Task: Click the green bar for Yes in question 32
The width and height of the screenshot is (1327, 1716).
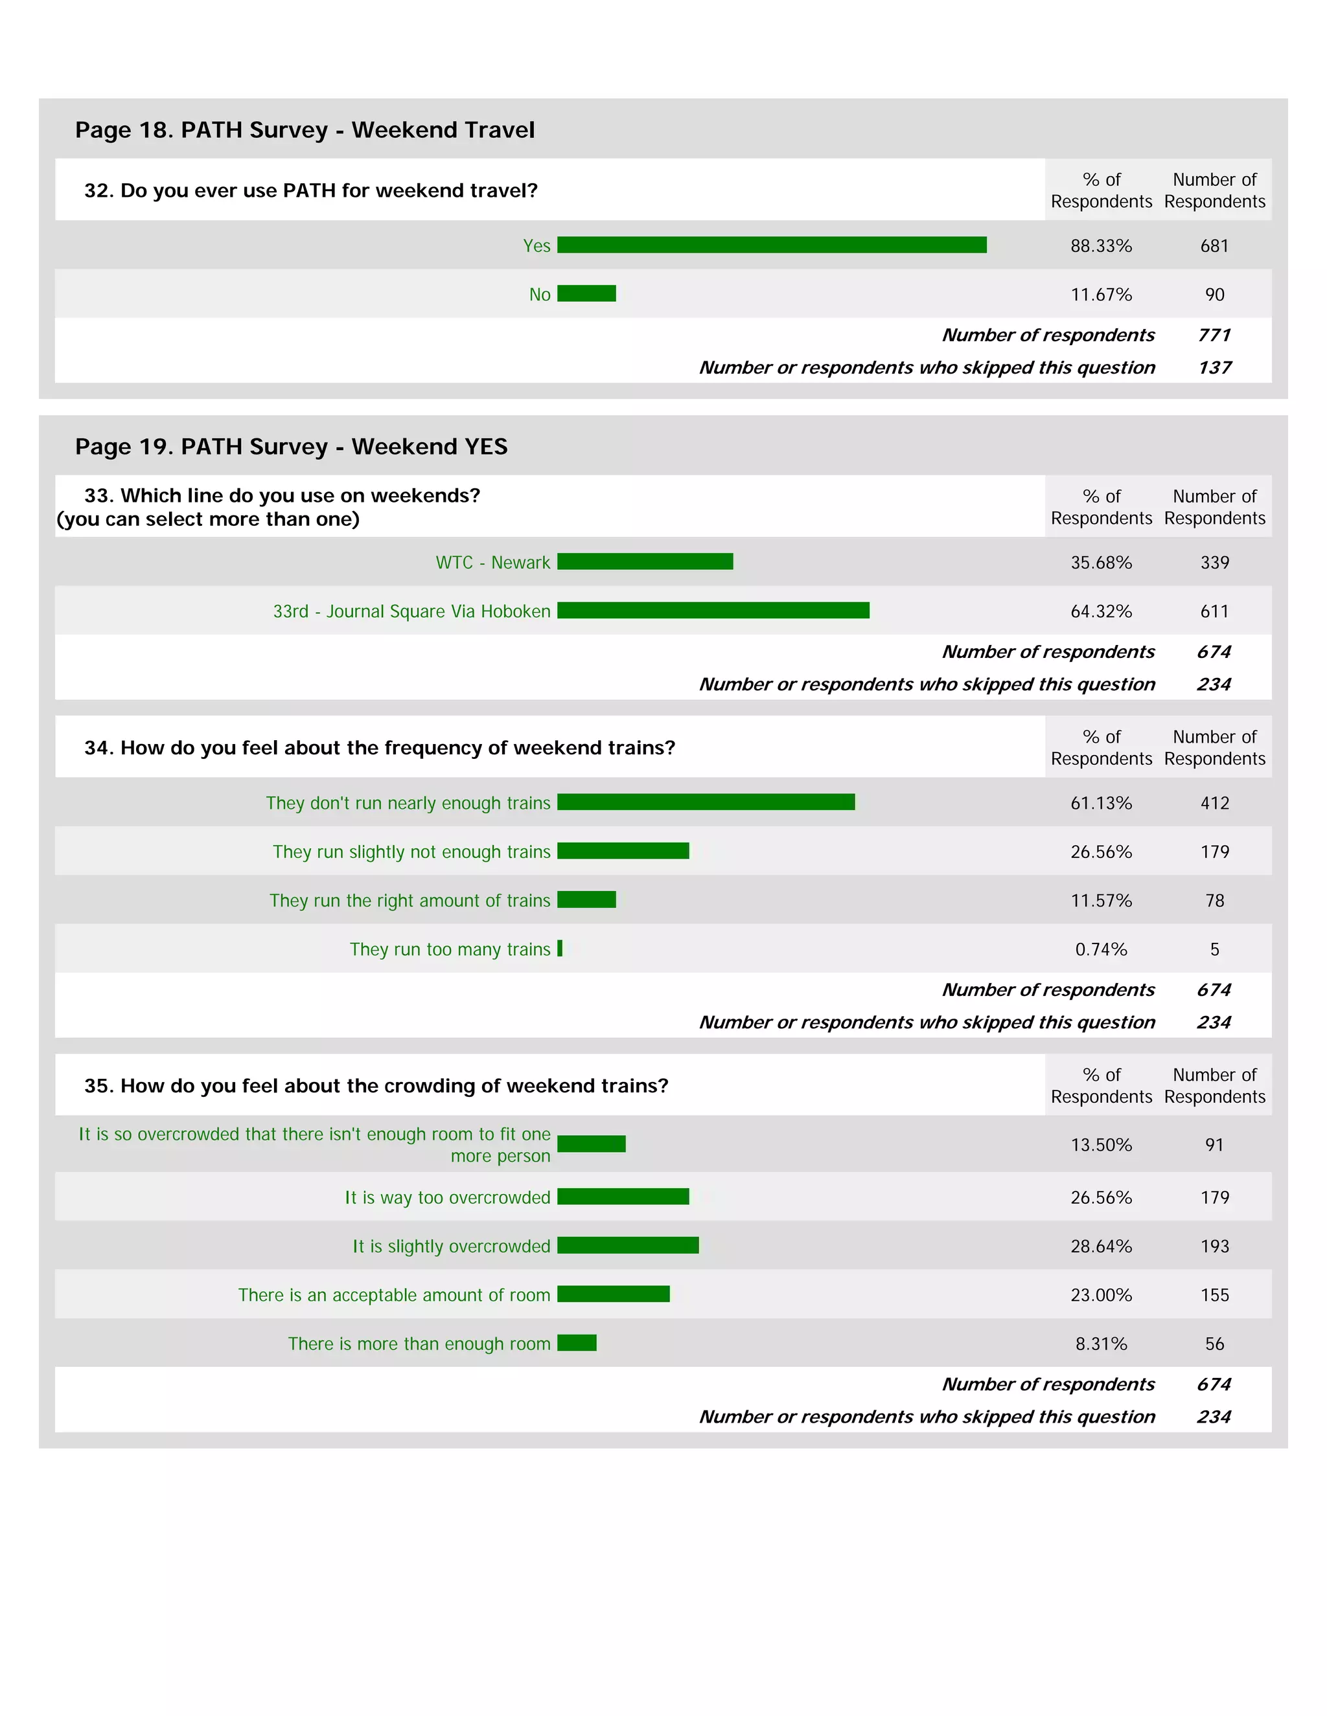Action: point(771,245)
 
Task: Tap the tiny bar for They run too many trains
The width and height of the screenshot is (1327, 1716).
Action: point(560,949)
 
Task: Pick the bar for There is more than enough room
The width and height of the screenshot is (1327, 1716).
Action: point(576,1343)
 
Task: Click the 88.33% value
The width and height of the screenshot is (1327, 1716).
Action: point(1101,246)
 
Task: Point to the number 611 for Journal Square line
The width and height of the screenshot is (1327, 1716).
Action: point(1214,611)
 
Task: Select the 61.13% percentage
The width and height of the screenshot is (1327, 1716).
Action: point(1101,803)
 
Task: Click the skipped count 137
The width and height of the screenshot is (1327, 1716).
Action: point(1214,368)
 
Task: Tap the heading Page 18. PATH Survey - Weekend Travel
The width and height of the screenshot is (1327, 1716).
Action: point(305,130)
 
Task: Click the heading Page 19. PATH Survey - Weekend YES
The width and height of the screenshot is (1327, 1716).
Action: point(291,446)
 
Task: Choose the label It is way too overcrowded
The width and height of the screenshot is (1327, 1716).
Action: point(447,1197)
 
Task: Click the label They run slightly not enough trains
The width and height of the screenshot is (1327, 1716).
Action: point(411,852)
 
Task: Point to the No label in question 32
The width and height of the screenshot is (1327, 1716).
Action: point(539,295)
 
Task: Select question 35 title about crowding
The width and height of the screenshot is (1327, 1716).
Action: point(376,1086)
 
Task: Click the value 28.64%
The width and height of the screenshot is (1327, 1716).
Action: point(1101,1246)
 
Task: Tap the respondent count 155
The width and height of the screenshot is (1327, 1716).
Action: point(1214,1295)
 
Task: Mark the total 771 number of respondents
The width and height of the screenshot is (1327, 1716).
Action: point(1214,335)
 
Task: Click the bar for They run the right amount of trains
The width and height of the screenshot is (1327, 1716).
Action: point(586,899)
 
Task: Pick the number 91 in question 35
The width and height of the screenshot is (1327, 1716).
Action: point(1214,1145)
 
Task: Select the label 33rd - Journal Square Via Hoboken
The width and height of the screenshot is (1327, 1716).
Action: point(411,611)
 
